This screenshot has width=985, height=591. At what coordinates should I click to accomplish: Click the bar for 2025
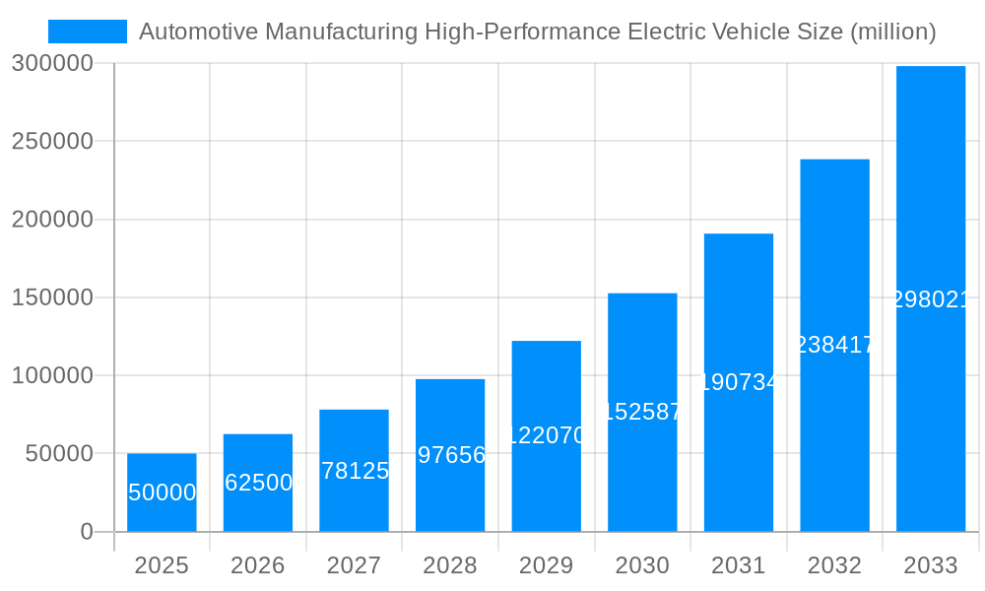click(x=162, y=492)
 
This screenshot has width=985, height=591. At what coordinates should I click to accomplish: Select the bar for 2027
click(x=354, y=471)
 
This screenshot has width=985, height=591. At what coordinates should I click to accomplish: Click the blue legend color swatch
click(x=88, y=32)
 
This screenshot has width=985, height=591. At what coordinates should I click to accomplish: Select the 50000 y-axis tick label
click(x=58, y=454)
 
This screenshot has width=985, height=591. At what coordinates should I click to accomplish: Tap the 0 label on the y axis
click(x=86, y=532)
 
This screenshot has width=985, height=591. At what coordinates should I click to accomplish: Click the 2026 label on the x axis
click(x=257, y=565)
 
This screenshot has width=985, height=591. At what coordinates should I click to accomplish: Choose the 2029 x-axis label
click(x=546, y=565)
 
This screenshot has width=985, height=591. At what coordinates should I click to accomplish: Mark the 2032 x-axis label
click(x=834, y=565)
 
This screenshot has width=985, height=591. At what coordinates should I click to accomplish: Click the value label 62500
click(x=258, y=483)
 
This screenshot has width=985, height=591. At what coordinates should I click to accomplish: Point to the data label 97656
click(x=450, y=455)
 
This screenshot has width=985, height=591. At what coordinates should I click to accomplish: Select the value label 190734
click(x=739, y=382)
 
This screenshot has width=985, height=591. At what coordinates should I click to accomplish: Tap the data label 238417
click(x=834, y=345)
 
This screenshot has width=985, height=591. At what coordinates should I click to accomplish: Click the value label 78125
click(x=354, y=471)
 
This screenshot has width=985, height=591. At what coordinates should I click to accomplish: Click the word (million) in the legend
click(x=893, y=32)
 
